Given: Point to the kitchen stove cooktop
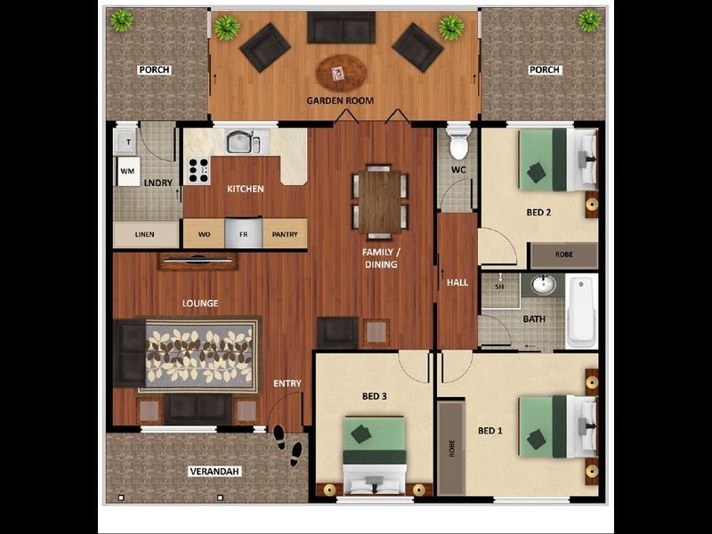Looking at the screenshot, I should point(197,169).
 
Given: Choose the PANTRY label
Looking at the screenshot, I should point(285,234).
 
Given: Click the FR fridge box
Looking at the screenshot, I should point(243,234).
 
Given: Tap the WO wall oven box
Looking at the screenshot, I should point(204,234).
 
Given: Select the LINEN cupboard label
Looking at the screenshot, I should point(145,235).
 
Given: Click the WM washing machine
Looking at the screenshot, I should point(128,170).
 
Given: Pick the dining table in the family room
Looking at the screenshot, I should point(380,200).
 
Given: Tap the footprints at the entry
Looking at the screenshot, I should point(287,445).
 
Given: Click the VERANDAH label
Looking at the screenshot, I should point(214,471).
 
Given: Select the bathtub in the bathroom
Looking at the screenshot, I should point(581,311).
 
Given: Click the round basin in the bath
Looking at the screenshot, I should point(543,286).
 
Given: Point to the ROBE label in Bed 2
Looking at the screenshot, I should point(564,255).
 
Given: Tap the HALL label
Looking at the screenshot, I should point(457,282).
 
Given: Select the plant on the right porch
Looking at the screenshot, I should point(589,20).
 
